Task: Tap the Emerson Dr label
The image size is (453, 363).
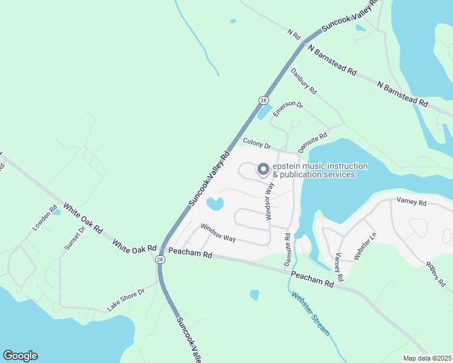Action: pos(287,108)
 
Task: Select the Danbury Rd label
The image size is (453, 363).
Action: pos(303,81)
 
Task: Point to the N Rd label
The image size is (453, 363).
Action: pos(294,35)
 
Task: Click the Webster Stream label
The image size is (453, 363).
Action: pos(310,313)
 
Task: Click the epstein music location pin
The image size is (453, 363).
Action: pos(263,170)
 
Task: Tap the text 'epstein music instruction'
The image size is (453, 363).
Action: pos(320,166)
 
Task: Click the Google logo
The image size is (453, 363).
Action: pos(20,356)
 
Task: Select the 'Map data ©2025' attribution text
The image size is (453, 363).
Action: pos(428,358)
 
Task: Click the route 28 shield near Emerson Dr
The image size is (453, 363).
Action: pos(263,100)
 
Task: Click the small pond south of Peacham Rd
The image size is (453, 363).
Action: pos(254,295)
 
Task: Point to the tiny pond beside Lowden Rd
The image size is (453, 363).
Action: pos(56,212)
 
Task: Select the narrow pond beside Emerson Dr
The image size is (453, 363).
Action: pos(265,111)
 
